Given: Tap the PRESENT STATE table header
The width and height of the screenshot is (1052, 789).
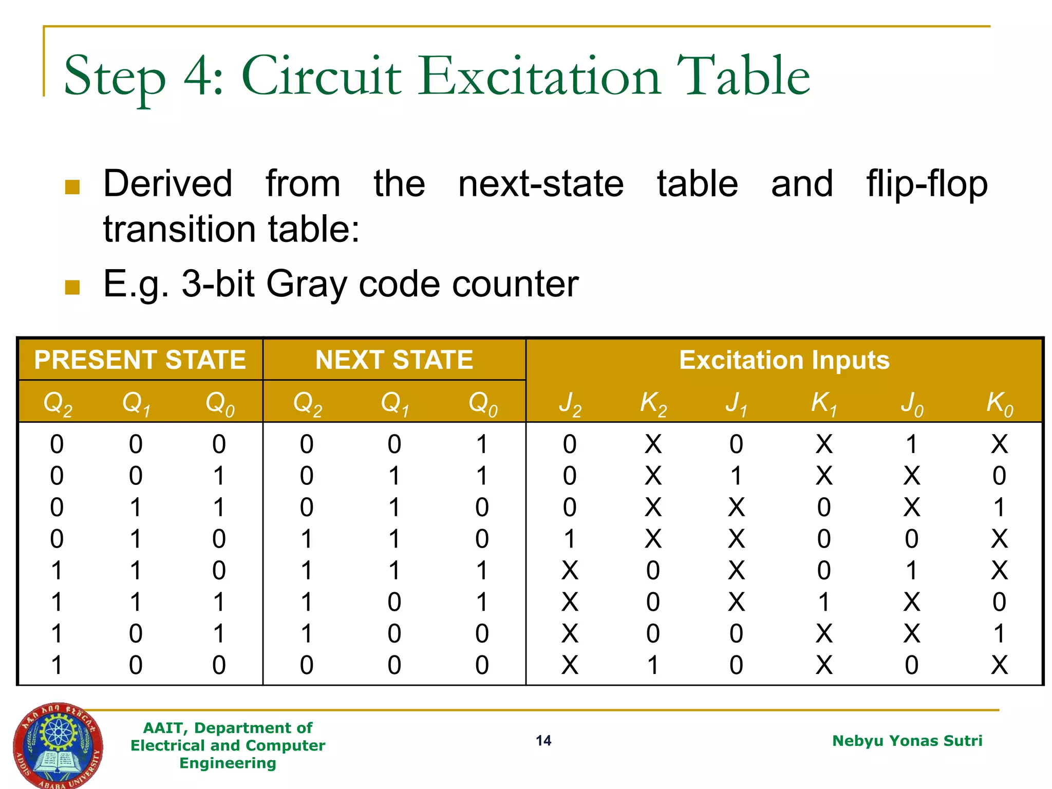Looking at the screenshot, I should pyautogui.click(x=140, y=360).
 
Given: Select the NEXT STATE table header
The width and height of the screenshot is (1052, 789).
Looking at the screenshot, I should pyautogui.click(x=394, y=360).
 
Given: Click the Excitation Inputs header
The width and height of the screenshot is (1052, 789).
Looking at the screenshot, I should pyautogui.click(x=784, y=360).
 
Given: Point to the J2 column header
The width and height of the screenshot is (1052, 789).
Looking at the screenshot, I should pyautogui.click(x=570, y=403).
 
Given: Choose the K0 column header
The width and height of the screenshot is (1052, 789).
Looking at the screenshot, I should pyautogui.click(x=999, y=403).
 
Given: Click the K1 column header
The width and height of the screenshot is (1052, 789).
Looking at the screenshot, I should pyautogui.click(x=823, y=403).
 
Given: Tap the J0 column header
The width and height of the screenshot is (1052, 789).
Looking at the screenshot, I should pyautogui.click(x=912, y=403).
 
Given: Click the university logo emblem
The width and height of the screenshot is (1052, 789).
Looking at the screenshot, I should pyautogui.click(x=58, y=745).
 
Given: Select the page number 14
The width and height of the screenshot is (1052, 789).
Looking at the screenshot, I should pyautogui.click(x=543, y=740).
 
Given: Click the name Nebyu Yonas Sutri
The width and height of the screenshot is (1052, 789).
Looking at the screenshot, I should pyautogui.click(x=907, y=740).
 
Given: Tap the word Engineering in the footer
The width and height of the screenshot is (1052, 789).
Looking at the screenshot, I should pyautogui.click(x=228, y=763).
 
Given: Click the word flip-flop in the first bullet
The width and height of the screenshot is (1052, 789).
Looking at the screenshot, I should pyautogui.click(x=927, y=184).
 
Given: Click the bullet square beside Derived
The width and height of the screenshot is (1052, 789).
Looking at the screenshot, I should pyautogui.click(x=72, y=187).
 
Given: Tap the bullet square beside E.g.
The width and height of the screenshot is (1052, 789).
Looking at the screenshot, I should pyautogui.click(x=72, y=287).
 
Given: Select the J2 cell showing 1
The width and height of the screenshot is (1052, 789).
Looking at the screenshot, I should pyautogui.click(x=570, y=539).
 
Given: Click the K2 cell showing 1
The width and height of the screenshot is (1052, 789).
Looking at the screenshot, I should pyautogui.click(x=653, y=665).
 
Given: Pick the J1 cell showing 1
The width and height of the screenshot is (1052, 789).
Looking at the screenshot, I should pyautogui.click(x=736, y=476).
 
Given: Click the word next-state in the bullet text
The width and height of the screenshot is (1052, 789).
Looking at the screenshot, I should pyautogui.click(x=541, y=184).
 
